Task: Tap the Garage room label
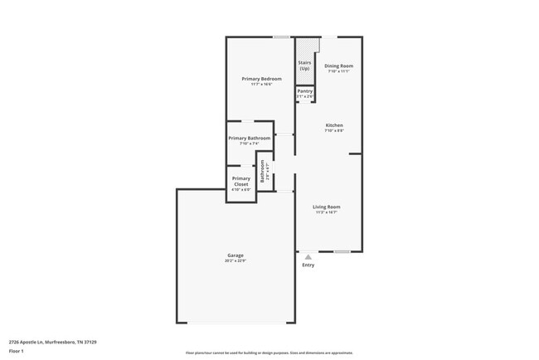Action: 236,255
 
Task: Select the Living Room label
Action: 326,207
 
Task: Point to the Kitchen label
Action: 333,125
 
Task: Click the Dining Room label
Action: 338,66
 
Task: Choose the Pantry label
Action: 304,91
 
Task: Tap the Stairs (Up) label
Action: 304,65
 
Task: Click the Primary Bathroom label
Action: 249,138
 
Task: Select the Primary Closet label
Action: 240,181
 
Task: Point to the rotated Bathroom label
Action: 262,171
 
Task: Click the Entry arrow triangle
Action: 308,257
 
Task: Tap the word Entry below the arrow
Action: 308,265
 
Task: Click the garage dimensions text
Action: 236,260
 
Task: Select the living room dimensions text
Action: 326,212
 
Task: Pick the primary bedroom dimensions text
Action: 262,85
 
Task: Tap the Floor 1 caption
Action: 17,351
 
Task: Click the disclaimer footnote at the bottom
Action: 269,353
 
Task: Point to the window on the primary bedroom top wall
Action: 282,36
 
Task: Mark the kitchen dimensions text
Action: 333,131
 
